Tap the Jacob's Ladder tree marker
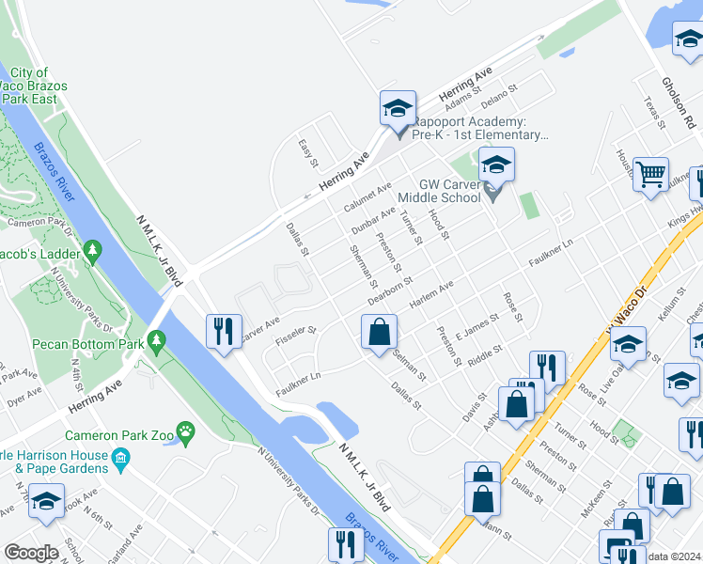pyautogui.click(x=92, y=250)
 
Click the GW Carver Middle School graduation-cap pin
pyautogui.click(x=496, y=167)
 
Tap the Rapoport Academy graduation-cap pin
pyautogui.click(x=398, y=109)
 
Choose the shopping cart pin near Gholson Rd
pyautogui.click(x=650, y=176)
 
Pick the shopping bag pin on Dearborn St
pyautogui.click(x=379, y=333)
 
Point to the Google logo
pyautogui.click(x=32, y=553)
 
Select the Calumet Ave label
pyautogui.click(x=367, y=197)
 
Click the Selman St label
pyautogui.click(x=410, y=365)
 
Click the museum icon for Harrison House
pyautogui.click(x=120, y=458)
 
